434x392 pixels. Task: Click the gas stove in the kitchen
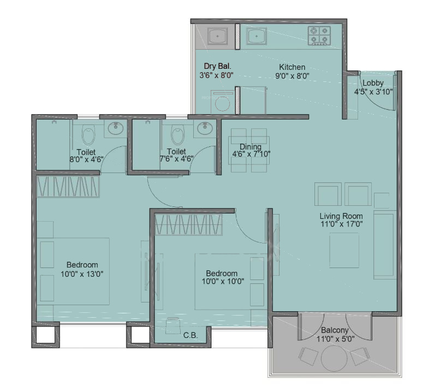(319, 35)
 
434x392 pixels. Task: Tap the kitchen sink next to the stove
(255, 36)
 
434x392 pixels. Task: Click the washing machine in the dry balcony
(222, 103)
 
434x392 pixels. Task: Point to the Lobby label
(373, 83)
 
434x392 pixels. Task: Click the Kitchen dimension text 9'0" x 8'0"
(292, 76)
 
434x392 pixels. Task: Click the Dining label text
(251, 147)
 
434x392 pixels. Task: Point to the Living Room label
(341, 216)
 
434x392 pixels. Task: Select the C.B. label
(190, 335)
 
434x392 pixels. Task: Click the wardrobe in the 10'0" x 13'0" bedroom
(69, 186)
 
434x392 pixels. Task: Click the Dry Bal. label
(217, 67)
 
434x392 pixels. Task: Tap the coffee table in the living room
(344, 250)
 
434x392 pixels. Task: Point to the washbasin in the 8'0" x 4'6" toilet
(115, 129)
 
